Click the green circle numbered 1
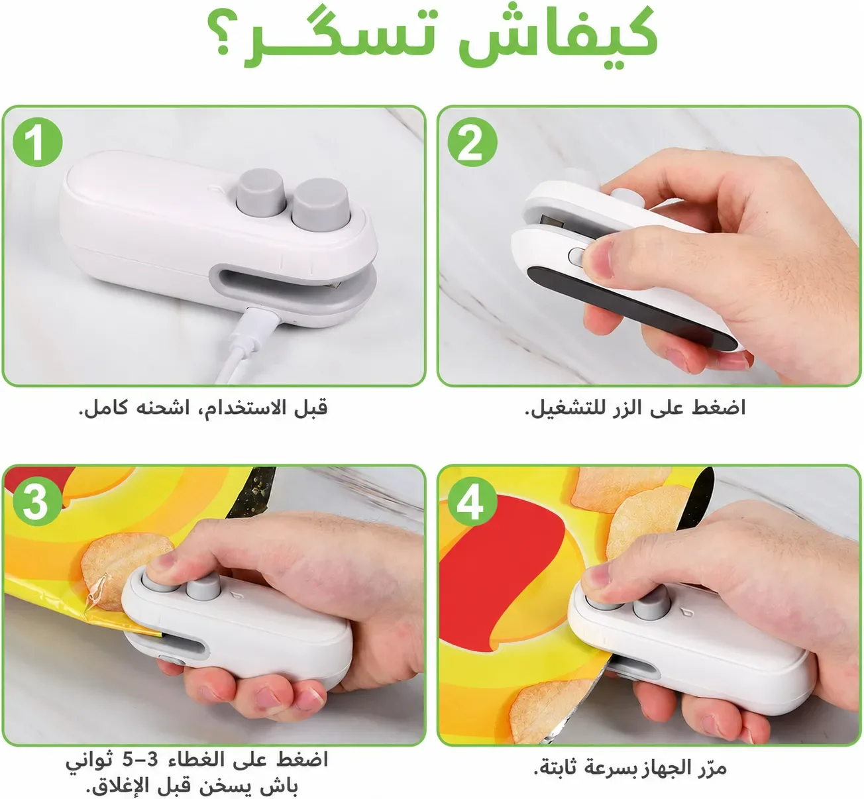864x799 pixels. click(x=37, y=142)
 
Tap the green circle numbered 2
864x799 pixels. click(x=472, y=142)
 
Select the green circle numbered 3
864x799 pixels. click(x=37, y=501)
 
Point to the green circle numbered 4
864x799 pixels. click(x=472, y=501)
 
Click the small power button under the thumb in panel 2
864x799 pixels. click(x=577, y=256)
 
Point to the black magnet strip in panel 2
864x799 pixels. click(x=631, y=307)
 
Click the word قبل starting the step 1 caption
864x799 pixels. click(x=311, y=408)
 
